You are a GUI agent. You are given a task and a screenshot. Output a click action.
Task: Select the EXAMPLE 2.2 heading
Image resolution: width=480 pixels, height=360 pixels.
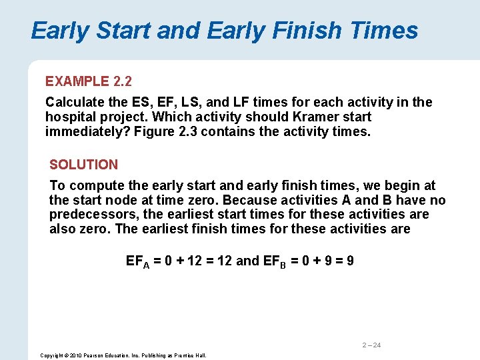click(89, 81)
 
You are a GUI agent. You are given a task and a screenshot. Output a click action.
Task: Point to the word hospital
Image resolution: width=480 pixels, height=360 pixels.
click(69, 117)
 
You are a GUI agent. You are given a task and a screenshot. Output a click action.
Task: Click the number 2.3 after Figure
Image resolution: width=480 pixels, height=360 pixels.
click(187, 131)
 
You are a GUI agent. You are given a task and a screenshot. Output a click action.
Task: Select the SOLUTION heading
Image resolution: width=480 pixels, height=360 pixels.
click(84, 164)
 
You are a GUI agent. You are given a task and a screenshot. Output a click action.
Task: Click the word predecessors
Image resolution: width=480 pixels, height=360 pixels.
click(94, 215)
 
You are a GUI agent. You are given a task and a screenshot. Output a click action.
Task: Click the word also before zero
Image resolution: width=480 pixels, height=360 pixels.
click(62, 229)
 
